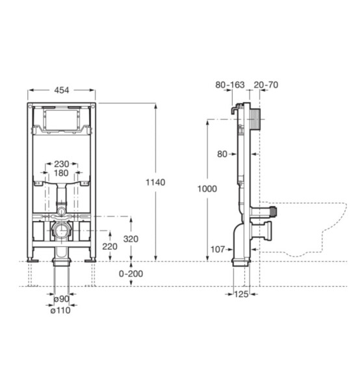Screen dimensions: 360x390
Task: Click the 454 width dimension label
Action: tap(62, 90)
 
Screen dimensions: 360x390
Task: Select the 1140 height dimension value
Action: tap(155, 182)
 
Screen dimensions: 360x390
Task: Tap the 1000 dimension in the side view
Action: tap(207, 188)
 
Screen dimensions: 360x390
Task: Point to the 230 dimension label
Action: tap(62, 164)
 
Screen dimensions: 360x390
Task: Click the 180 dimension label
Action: tap(61, 173)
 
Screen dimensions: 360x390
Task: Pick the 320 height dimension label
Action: tap(131, 239)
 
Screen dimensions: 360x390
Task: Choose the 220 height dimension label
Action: tap(110, 246)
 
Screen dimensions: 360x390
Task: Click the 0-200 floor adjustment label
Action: tap(131, 274)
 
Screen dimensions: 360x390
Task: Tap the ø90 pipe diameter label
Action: tap(62, 299)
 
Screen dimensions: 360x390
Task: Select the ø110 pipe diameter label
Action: tap(60, 310)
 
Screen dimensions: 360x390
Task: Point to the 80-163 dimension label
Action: tap(230, 84)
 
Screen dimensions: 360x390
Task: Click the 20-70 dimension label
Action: tap(266, 84)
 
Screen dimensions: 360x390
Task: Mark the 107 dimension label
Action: tap(218, 249)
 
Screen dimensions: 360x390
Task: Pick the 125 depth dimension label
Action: tap(241, 294)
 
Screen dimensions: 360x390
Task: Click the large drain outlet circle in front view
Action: tap(61, 230)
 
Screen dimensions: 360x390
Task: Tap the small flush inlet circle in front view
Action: tap(61, 212)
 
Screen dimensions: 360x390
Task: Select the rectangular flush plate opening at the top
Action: tap(62, 120)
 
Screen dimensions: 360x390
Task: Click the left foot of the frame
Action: tap(32, 260)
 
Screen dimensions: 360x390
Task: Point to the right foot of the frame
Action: tap(90, 260)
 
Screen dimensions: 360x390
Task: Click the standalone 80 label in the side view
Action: tap(222, 154)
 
